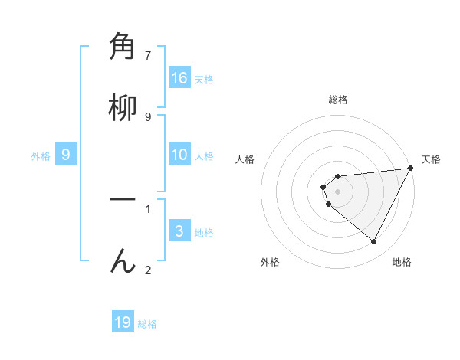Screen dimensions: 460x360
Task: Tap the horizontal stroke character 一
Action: point(123,199)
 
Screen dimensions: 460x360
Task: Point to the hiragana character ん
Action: point(123,260)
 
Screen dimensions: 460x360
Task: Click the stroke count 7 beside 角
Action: point(148,55)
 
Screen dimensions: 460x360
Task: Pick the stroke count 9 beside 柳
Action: point(148,116)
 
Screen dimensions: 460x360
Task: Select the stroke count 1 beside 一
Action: point(148,208)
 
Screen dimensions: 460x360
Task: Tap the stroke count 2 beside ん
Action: point(148,270)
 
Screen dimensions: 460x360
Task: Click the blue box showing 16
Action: point(179,78)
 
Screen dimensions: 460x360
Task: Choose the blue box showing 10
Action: point(179,155)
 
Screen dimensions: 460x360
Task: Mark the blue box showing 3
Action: point(179,231)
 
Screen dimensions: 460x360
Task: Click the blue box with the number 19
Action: point(123,322)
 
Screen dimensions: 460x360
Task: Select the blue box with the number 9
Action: point(66,155)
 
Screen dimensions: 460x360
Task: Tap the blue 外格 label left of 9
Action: point(41,156)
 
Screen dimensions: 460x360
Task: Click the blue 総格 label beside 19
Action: point(147,324)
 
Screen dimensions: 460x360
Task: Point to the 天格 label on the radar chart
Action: point(431,159)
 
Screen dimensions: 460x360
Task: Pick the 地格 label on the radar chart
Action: point(402,262)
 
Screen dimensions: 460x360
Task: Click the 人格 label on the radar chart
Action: point(245,159)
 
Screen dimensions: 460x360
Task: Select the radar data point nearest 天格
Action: point(410,169)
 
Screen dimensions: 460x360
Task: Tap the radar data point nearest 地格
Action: point(374,242)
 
